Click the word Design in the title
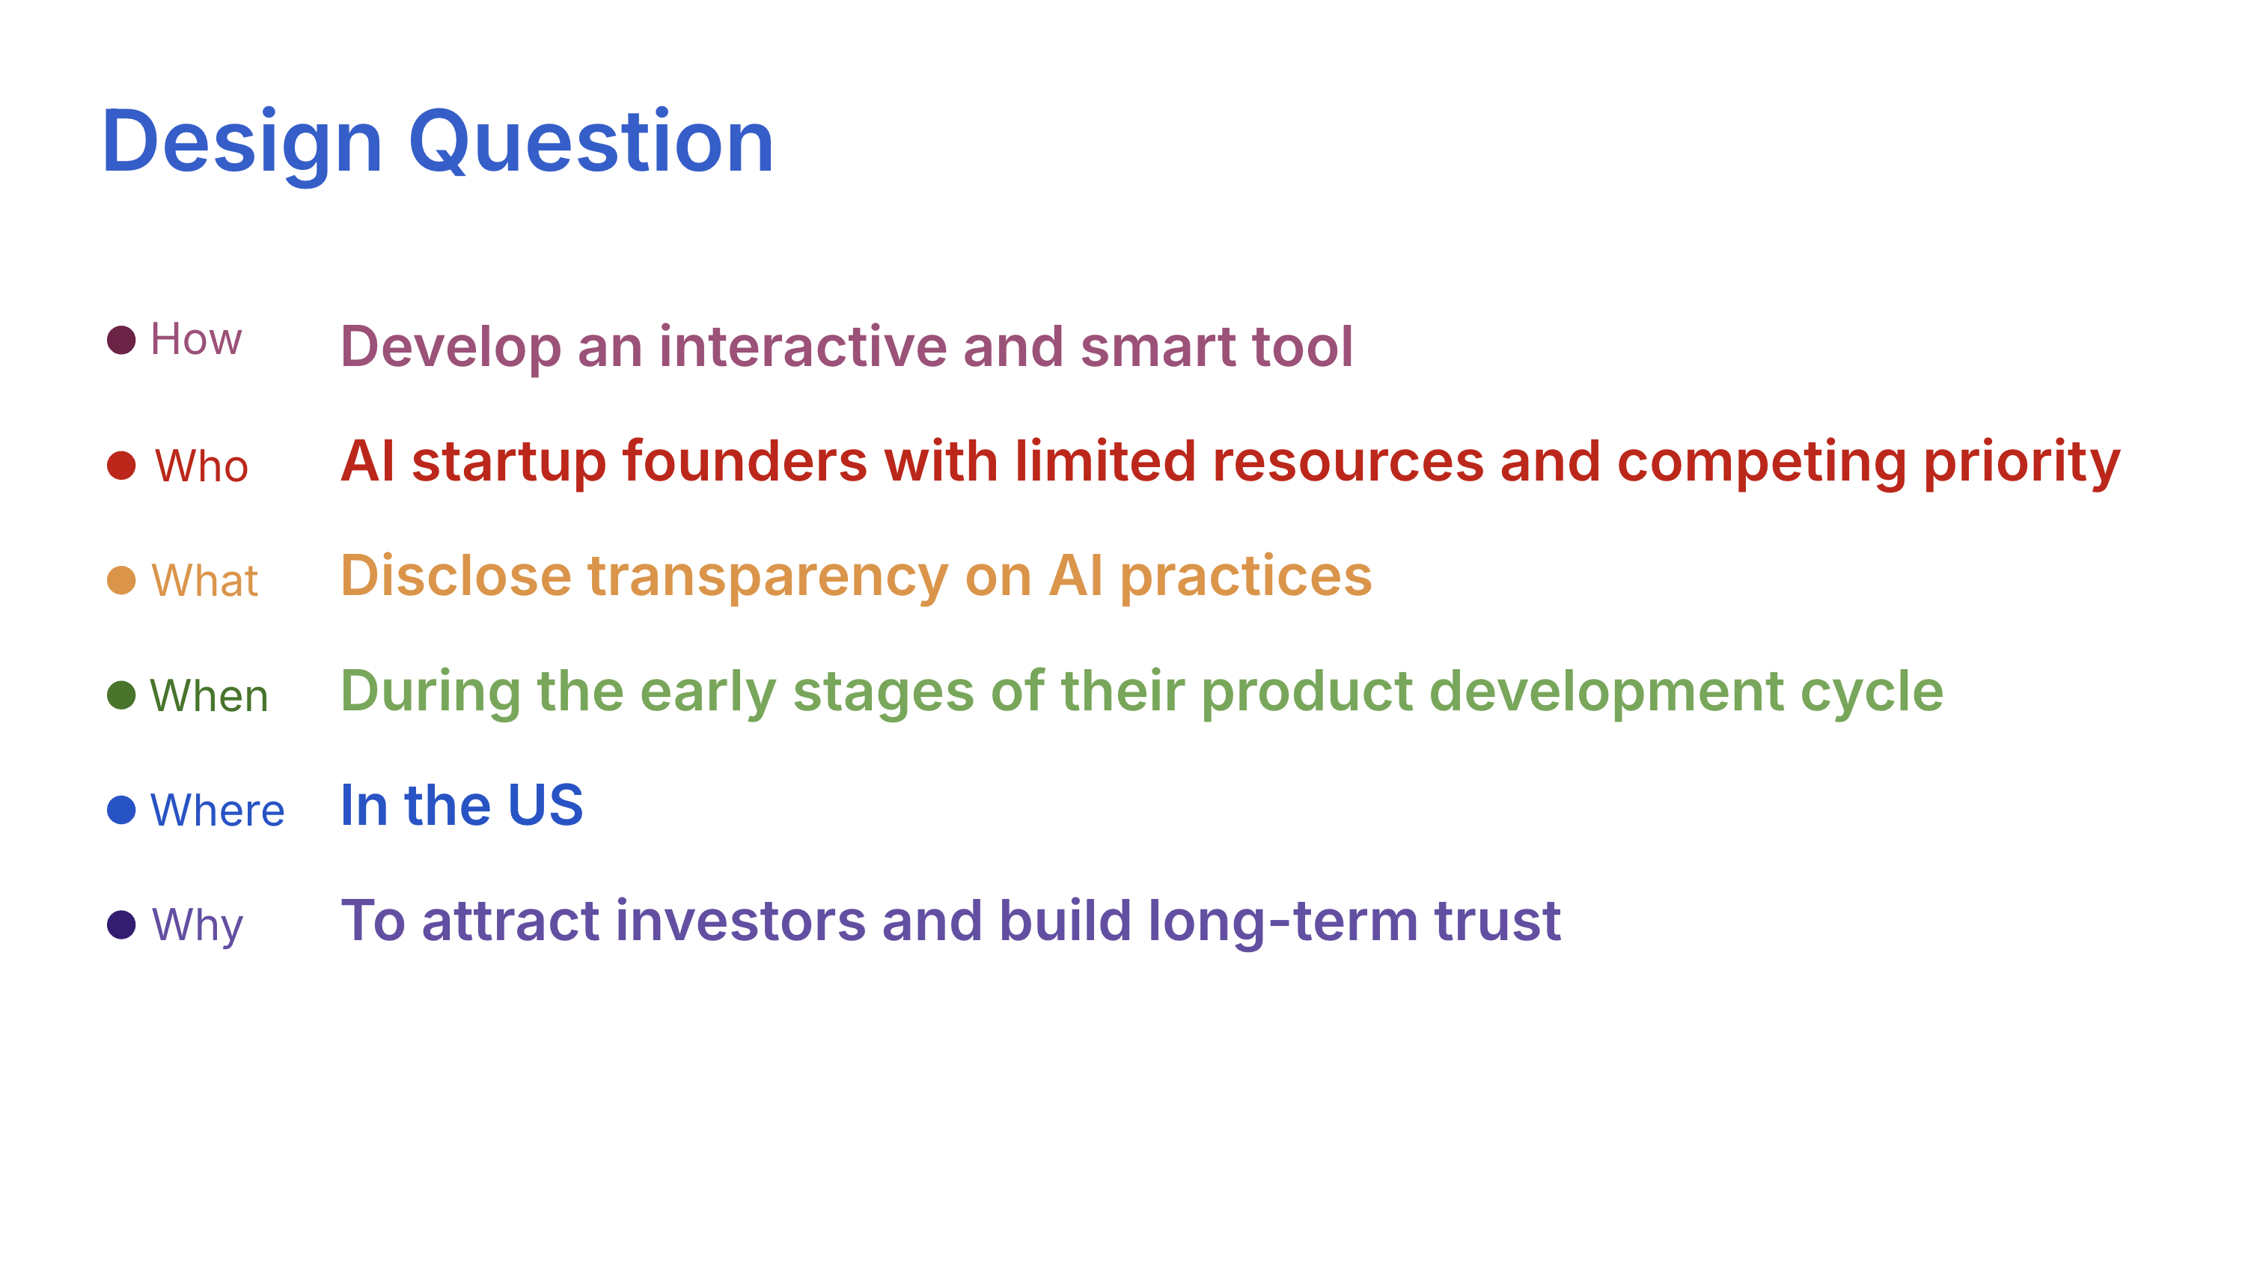pos(242,142)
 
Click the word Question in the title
pos(590,142)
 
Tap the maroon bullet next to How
pos(121,340)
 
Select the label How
pos(195,339)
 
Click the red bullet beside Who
pos(121,466)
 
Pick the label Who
pos(201,466)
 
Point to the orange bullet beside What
pos(121,580)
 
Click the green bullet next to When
pos(121,695)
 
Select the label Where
pos(217,810)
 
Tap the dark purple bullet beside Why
pos(121,924)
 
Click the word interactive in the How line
pos(802,346)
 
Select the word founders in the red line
pos(744,461)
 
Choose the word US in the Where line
pos(545,805)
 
